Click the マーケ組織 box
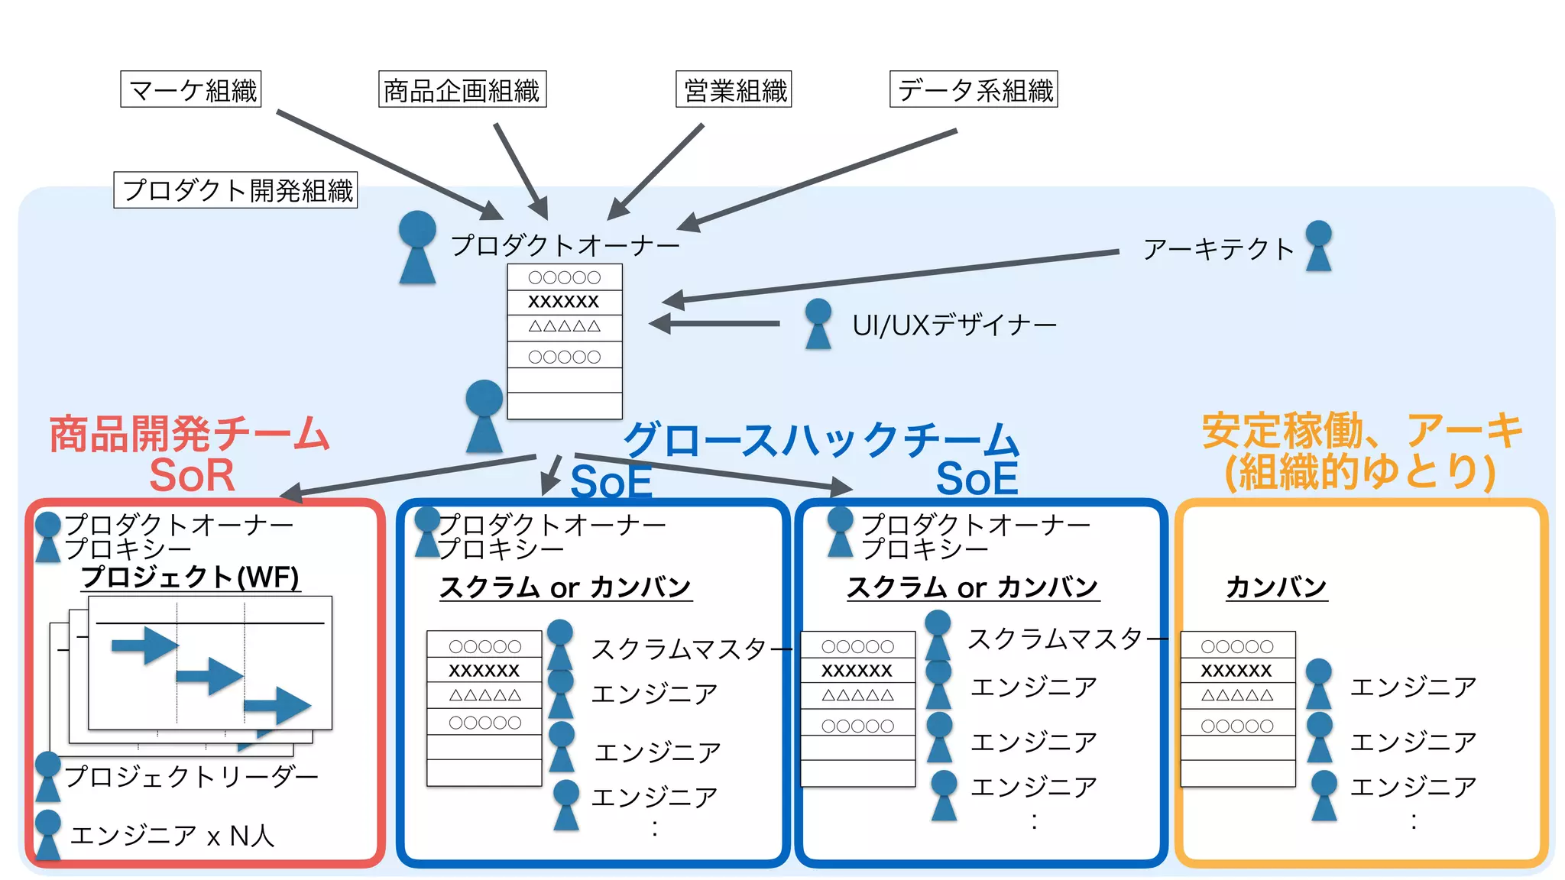[x=191, y=89]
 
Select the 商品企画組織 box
[x=462, y=90]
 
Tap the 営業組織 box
[x=734, y=90]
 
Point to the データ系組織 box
[x=974, y=89]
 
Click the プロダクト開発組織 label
[x=236, y=189]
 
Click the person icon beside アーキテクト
[x=1318, y=245]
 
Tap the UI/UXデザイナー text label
[x=954, y=325]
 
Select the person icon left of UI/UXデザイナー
[x=818, y=324]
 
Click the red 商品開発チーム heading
[x=189, y=433]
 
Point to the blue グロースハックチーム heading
[x=821, y=439]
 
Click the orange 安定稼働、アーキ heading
[x=1362, y=430]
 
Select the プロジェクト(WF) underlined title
[x=190, y=577]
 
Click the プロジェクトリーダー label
[x=191, y=776]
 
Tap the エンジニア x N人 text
[x=172, y=836]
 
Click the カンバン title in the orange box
[x=1276, y=587]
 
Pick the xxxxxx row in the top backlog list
[x=564, y=301]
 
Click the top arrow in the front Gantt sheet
[x=144, y=645]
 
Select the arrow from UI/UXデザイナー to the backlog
[x=714, y=324]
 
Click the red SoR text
[x=192, y=475]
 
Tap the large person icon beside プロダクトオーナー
[x=417, y=247]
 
